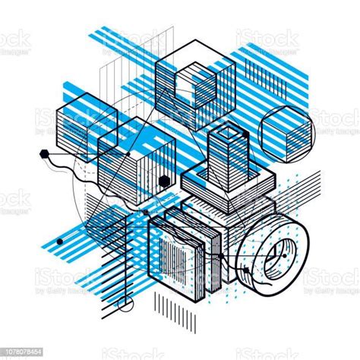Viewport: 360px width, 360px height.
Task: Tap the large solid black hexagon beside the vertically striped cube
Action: point(168,181)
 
